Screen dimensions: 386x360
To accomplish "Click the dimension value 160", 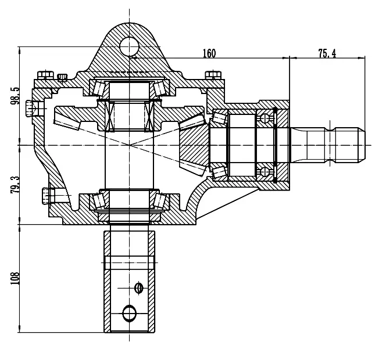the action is [209, 53].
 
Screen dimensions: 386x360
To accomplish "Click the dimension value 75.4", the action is [327, 53].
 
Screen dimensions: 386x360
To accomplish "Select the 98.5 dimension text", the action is [15, 96].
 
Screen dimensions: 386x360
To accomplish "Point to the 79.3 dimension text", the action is [15, 184].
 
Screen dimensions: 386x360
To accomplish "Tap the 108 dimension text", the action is [15, 278].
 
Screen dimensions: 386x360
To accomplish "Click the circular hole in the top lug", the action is [129, 46].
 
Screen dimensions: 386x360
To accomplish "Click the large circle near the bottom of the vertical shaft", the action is [129, 313].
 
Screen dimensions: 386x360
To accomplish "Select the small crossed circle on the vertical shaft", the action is [139, 287].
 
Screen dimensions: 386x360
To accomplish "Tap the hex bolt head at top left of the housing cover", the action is [45, 75].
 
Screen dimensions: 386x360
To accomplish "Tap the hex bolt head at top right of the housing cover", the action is [213, 75].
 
